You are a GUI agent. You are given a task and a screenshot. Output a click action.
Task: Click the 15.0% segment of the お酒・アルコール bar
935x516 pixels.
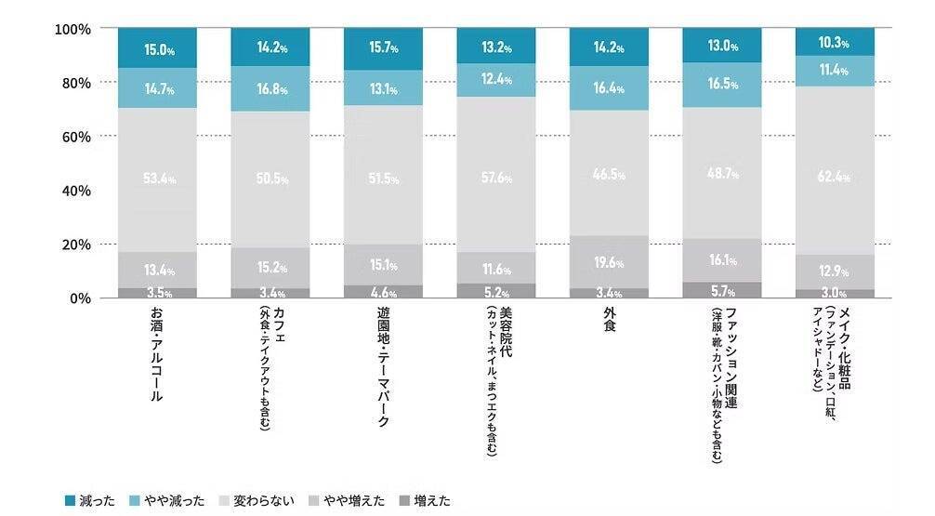[x=157, y=48]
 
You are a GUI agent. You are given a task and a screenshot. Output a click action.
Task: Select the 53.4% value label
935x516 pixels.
[x=157, y=179]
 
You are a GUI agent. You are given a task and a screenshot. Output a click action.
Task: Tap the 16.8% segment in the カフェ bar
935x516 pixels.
[x=270, y=90]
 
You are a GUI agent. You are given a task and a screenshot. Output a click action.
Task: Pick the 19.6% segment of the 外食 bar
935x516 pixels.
[x=609, y=262]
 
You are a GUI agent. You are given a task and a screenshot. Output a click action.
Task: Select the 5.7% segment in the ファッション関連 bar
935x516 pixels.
[x=721, y=291]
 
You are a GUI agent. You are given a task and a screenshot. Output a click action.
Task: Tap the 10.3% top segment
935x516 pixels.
[x=835, y=43]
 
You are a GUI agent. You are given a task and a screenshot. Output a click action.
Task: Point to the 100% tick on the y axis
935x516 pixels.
[x=72, y=29]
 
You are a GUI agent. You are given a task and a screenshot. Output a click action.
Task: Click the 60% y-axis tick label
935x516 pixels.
[x=76, y=137]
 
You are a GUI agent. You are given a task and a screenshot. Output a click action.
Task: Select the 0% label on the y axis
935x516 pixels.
[x=80, y=298]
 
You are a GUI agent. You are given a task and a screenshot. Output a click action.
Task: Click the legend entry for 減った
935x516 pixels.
[x=90, y=501]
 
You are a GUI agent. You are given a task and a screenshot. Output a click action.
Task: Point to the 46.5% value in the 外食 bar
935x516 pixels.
[x=609, y=174]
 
